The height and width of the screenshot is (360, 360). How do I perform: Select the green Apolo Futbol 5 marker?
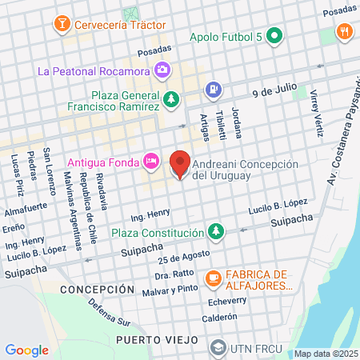(274, 36)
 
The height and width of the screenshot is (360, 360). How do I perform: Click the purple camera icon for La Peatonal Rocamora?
(163, 70)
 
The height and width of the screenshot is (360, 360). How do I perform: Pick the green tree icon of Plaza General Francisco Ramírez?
(171, 98)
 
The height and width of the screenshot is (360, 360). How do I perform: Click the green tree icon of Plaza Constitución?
(214, 233)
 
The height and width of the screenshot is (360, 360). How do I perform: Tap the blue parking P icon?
(214, 90)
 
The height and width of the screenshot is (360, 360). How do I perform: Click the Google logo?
(26, 350)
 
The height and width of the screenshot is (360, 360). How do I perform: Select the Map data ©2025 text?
(326, 354)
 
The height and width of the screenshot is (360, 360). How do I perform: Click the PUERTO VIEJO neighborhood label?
(153, 340)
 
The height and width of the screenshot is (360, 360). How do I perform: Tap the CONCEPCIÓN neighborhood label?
(97, 289)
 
